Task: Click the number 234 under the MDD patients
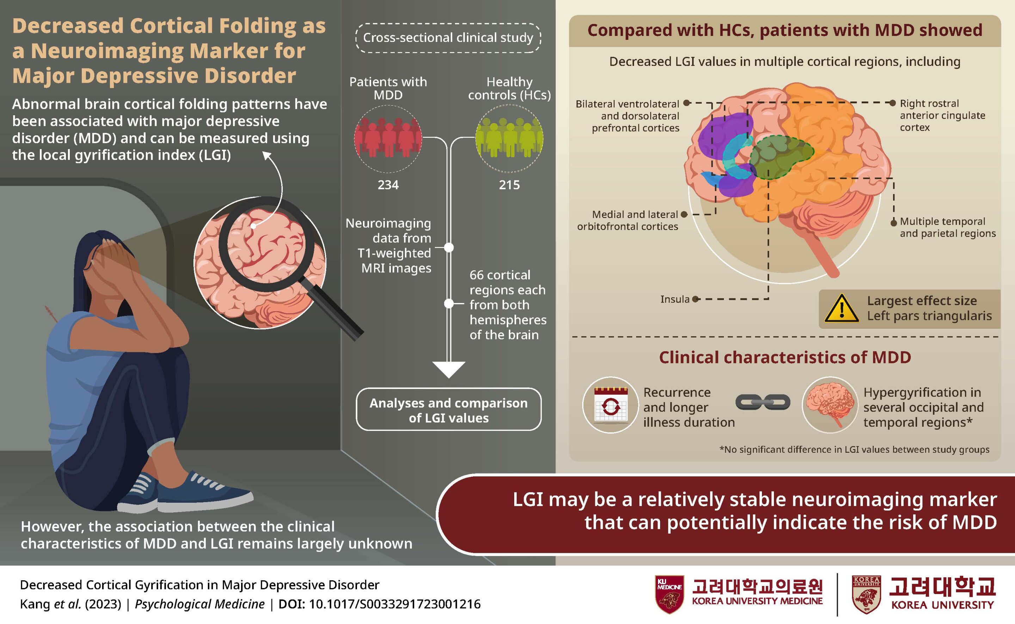388,185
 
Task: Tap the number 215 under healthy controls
509,185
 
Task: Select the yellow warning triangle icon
841,309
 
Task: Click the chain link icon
762,402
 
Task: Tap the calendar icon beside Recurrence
610,405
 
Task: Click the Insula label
675,299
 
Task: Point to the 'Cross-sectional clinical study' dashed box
448,38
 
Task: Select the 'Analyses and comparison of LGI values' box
448,410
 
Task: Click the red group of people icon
388,138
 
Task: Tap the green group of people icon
509,138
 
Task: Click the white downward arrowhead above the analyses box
449,369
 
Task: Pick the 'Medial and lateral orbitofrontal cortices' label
627,220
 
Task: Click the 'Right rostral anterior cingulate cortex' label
942,115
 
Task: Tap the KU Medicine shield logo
669,594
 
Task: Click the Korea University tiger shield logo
866,595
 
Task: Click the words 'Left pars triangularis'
929,316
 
